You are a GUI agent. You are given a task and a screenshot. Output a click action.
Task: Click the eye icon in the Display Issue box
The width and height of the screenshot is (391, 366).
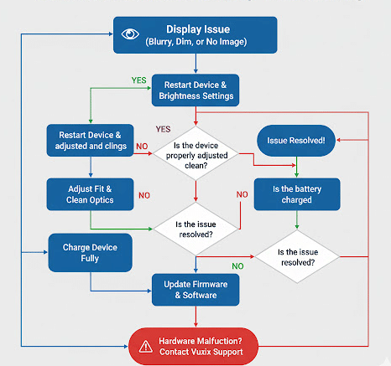tap(130, 34)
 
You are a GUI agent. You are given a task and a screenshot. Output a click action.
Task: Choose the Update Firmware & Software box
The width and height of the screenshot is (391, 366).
tap(195, 290)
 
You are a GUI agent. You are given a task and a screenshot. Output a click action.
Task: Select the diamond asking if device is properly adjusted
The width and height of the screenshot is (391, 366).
tap(195, 150)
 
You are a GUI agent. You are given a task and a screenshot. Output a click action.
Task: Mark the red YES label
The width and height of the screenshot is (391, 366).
tap(164, 129)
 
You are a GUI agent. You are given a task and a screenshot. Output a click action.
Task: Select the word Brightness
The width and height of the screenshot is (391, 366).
tap(180, 95)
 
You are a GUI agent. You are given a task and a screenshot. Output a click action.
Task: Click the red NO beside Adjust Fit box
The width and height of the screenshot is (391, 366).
tap(144, 195)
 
